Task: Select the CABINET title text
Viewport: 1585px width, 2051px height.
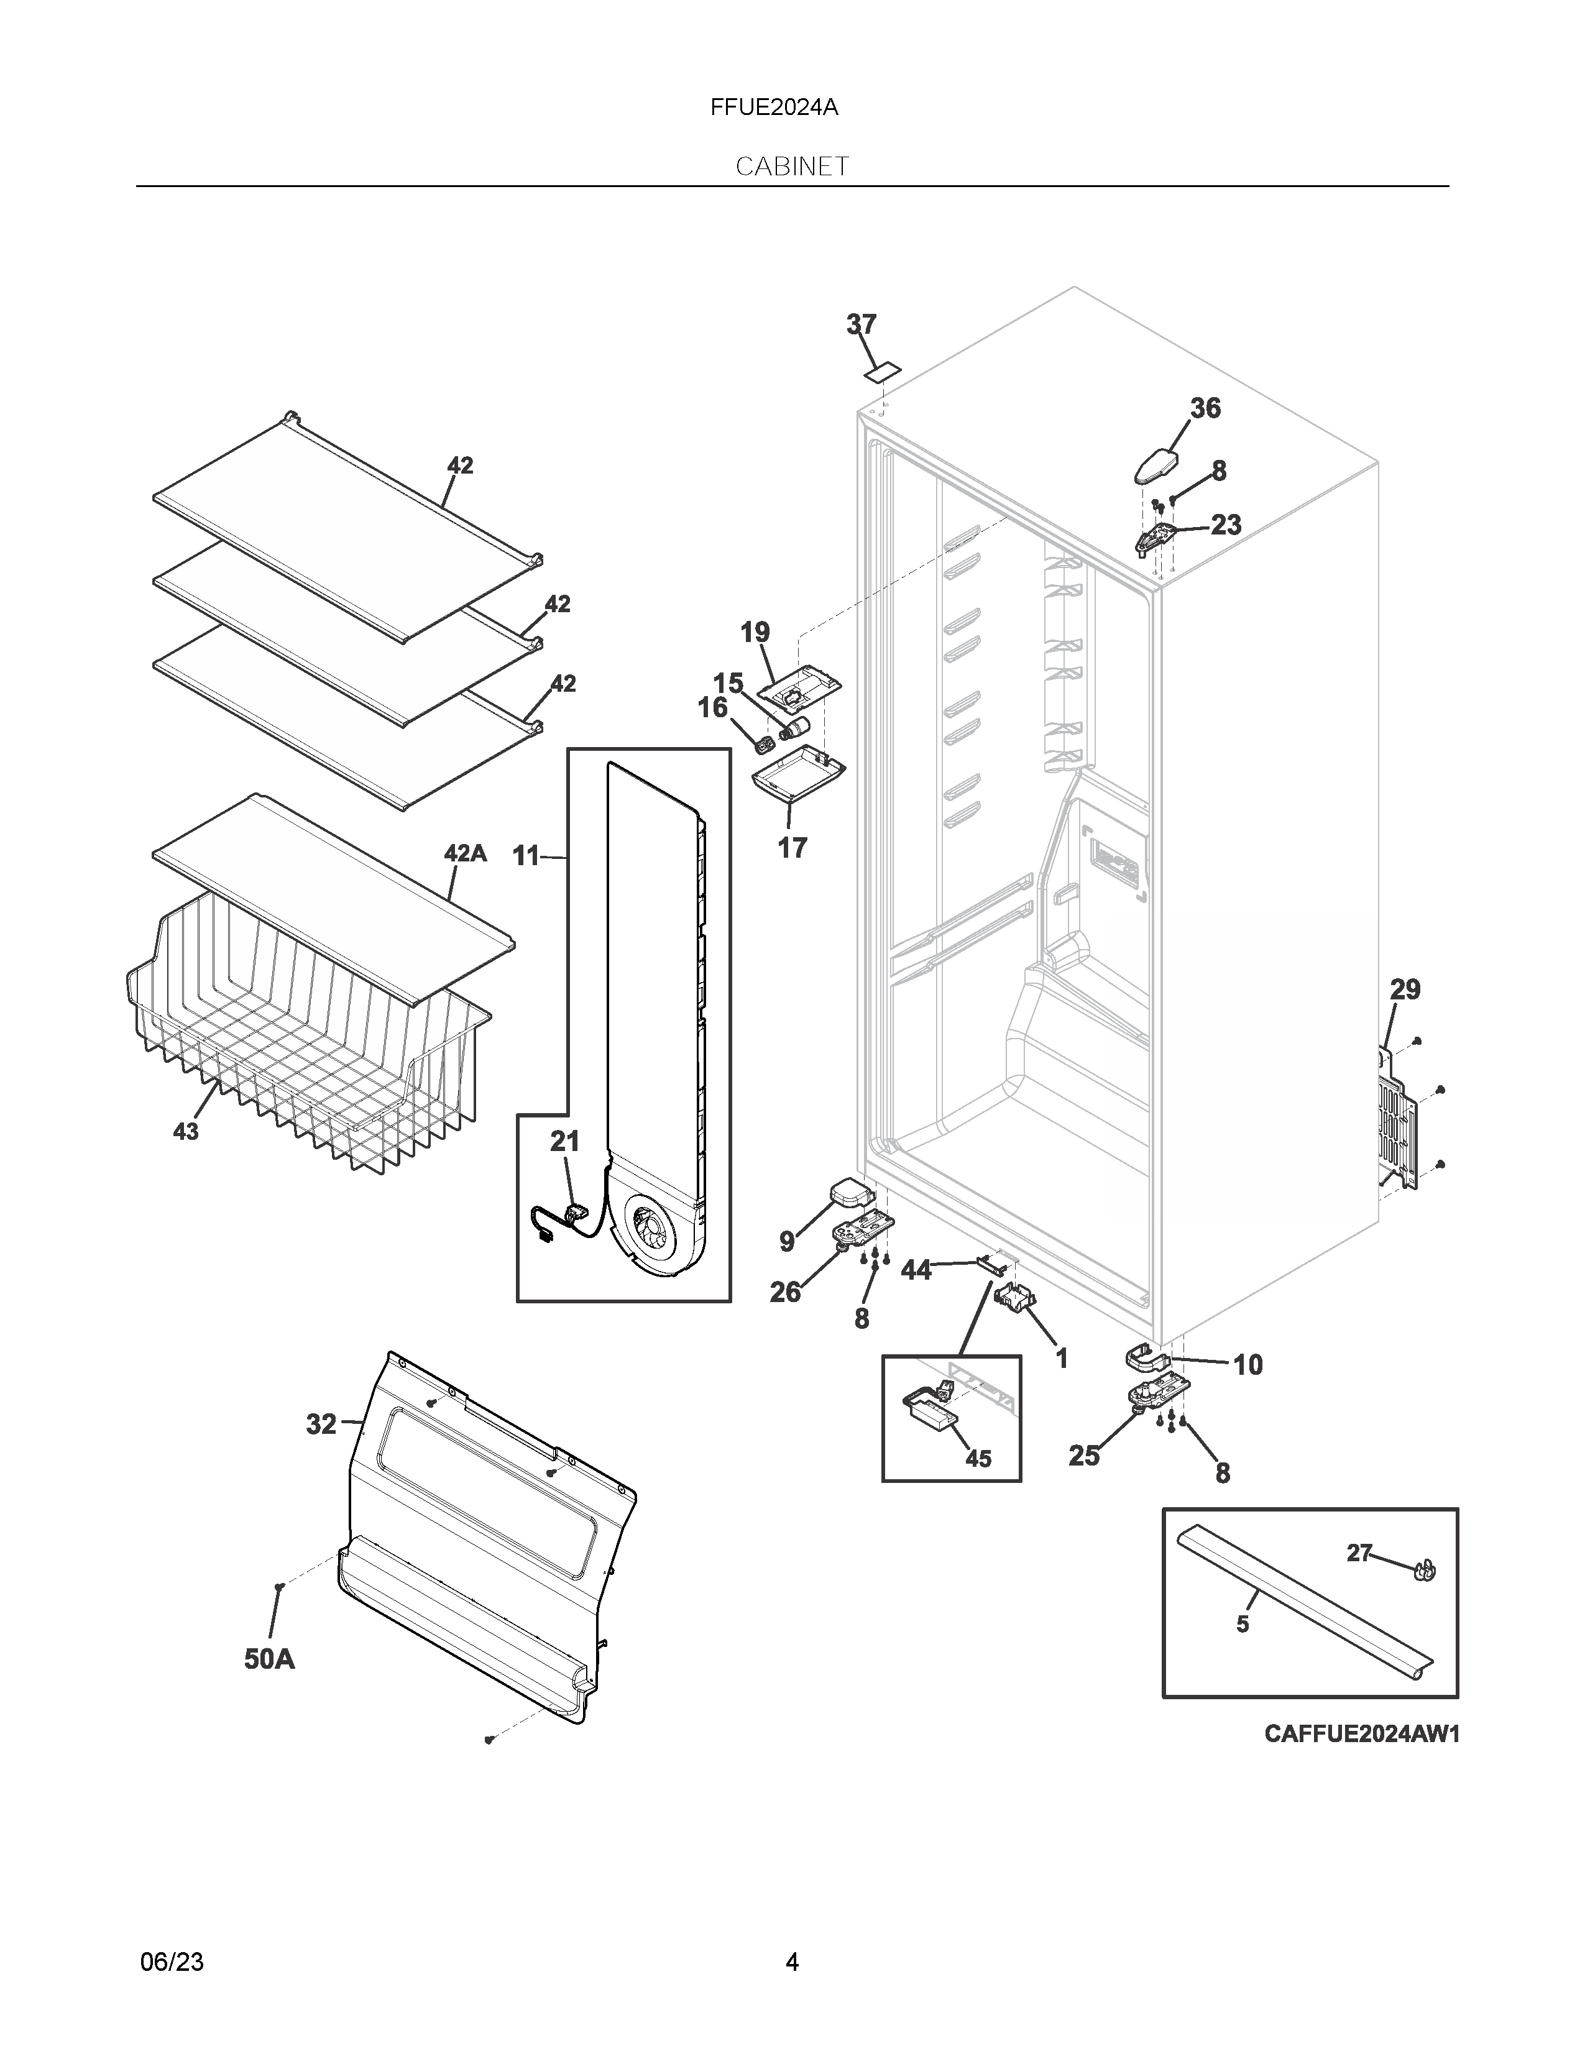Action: pos(791,167)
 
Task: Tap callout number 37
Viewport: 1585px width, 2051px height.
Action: pos(861,325)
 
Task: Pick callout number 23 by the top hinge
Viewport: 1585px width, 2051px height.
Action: pos(1225,525)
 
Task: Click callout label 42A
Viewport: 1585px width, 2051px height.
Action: pos(465,853)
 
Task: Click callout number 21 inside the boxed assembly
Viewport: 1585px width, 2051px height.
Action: pos(564,1141)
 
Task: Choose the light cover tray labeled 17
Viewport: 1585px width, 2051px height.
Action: pos(798,777)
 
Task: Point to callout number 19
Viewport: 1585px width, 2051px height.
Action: pos(755,632)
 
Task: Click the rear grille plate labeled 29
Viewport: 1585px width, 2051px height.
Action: pos(1396,1117)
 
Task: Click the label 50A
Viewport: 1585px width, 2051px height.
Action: pos(270,1659)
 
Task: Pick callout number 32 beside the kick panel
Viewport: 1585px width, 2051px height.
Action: pos(321,1425)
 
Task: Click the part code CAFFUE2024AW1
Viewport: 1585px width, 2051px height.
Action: pos(1361,1733)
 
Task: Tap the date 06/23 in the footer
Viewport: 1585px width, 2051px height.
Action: pos(172,1962)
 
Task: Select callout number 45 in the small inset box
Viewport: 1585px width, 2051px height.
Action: pos(978,1459)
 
